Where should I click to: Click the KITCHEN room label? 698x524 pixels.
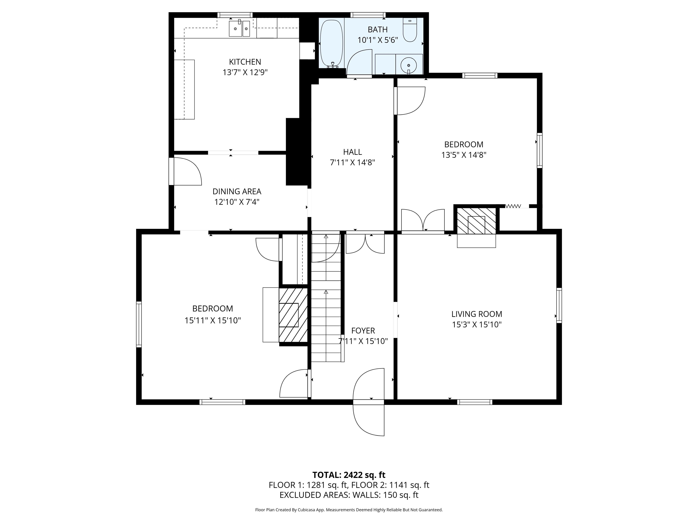[x=245, y=62]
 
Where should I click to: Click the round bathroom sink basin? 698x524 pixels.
[x=409, y=65]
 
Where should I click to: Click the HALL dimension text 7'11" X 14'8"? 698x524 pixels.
[x=352, y=163]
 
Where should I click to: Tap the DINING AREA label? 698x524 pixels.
[x=237, y=191]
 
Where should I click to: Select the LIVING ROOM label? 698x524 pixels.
[x=476, y=314]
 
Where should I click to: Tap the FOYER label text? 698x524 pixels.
[x=363, y=331]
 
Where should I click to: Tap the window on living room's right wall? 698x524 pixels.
[x=559, y=305]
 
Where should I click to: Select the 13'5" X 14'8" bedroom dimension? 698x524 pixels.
[x=464, y=155]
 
